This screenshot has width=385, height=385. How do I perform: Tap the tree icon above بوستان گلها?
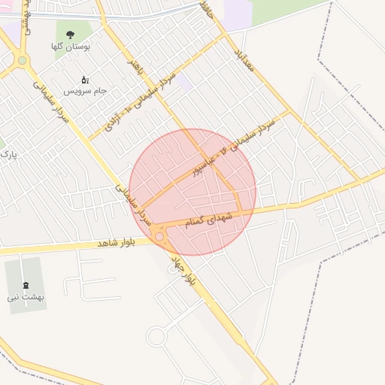pos(70,35)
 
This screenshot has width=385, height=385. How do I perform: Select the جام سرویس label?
pos(84,90)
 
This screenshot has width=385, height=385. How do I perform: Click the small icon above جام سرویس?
pos(84,79)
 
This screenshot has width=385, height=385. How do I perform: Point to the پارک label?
pos(8,155)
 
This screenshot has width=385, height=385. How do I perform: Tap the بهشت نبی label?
pos(26,297)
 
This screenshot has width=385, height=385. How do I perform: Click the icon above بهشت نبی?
pos(27,285)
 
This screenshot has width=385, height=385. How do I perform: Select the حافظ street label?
pos(209,12)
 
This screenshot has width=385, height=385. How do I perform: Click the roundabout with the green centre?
pos(22,60)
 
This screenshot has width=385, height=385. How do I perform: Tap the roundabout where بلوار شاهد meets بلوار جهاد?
pos(159,237)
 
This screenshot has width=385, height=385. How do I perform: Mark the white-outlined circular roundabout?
pos(156,336)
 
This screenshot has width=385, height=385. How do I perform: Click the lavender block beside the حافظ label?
pos(239,14)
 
